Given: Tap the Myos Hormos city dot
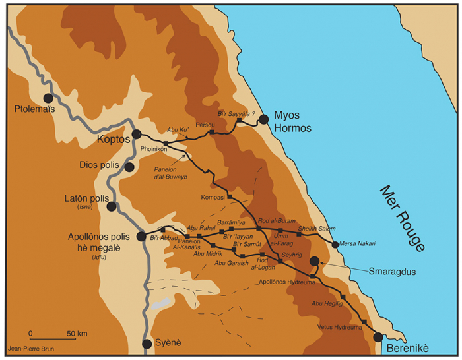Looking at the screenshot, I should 264,119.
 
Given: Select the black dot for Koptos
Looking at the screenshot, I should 137,134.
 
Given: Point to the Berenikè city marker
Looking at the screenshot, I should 378,337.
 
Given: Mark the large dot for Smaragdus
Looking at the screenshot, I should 315,261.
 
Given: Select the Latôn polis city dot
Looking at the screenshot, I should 112,206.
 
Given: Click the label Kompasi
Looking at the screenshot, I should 212,197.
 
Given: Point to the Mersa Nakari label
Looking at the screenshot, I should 358,243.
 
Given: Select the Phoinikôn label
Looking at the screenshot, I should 154,149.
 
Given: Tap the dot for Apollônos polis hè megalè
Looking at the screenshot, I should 141,236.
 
